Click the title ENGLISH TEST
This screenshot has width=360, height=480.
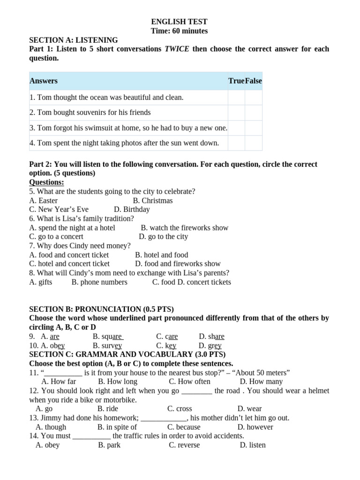click(179, 22)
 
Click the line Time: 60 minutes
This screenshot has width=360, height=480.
click(179, 31)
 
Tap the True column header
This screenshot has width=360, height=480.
click(236, 81)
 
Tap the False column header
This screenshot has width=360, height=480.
click(254, 81)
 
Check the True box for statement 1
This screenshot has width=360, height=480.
click(236, 97)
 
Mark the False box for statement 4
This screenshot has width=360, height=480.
click(254, 143)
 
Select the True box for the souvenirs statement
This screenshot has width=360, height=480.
click(236, 112)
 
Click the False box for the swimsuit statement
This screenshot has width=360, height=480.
click(254, 128)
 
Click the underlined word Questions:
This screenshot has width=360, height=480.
click(46, 182)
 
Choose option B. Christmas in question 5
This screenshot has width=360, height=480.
click(153, 201)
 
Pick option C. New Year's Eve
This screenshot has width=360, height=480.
click(59, 210)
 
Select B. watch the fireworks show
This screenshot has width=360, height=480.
click(184, 228)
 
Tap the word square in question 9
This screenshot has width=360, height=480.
click(108, 337)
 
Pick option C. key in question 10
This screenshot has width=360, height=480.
click(166, 346)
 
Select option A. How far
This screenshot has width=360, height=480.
click(59, 382)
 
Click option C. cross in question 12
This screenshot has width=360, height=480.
click(180, 409)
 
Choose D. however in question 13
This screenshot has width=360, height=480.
click(255, 427)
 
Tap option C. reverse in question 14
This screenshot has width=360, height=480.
click(184, 445)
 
